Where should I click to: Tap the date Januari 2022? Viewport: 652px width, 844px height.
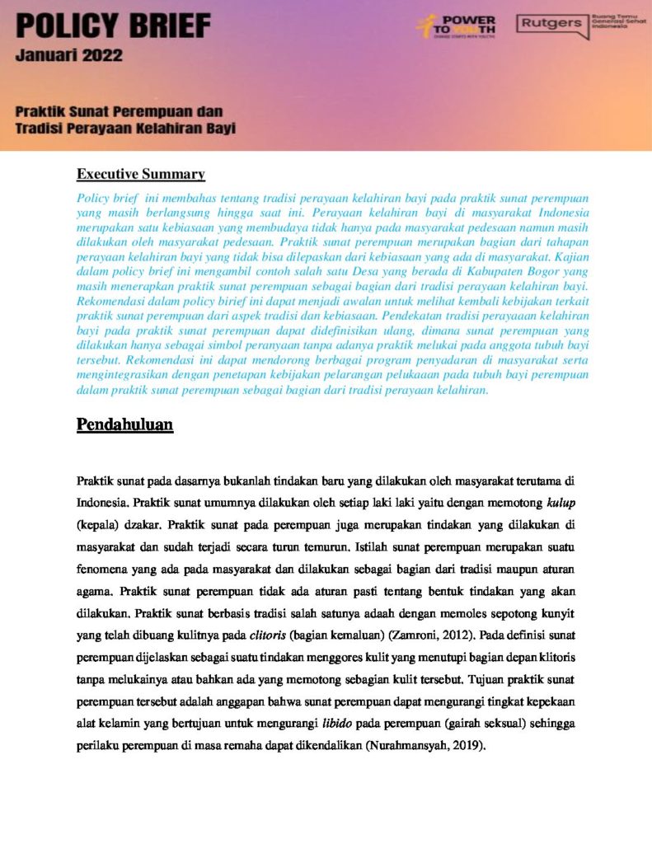[68, 56]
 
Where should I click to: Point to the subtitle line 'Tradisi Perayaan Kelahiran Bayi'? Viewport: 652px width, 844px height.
[125, 128]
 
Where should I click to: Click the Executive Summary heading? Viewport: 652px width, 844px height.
[140, 174]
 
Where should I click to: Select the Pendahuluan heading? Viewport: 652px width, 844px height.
[124, 424]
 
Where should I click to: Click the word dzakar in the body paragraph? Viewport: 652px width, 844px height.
[148, 523]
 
